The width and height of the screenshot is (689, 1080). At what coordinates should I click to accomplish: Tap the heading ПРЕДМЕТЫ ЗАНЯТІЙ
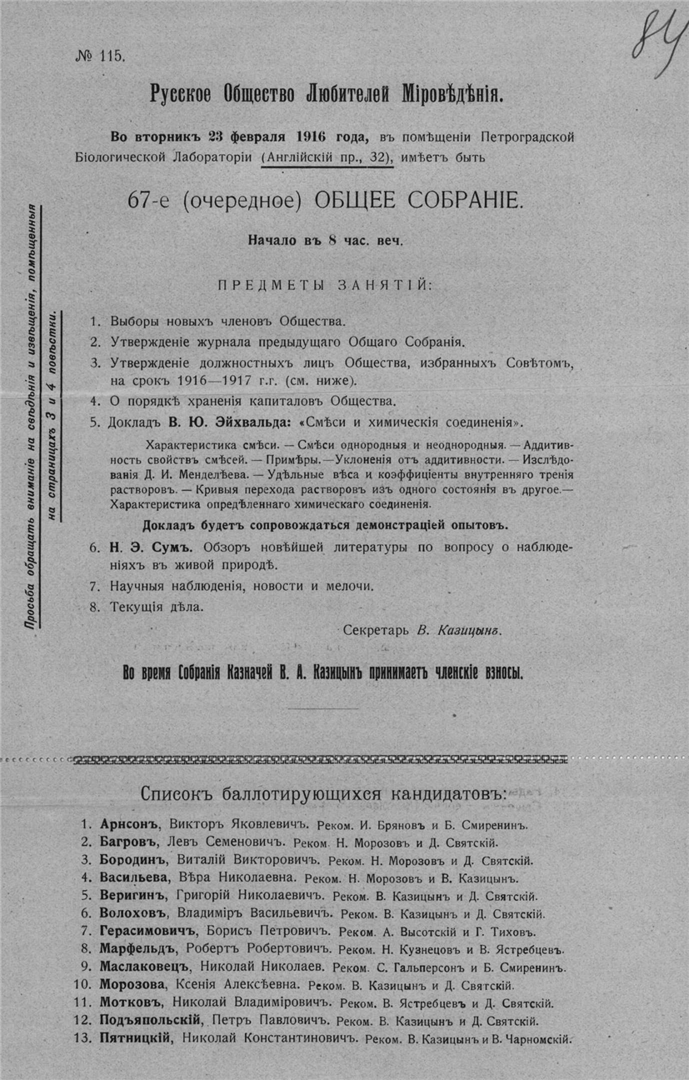(325, 285)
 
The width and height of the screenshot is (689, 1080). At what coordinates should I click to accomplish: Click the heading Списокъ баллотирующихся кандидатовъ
(323, 790)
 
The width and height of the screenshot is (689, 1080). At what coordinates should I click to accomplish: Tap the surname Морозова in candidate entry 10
(136, 985)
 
